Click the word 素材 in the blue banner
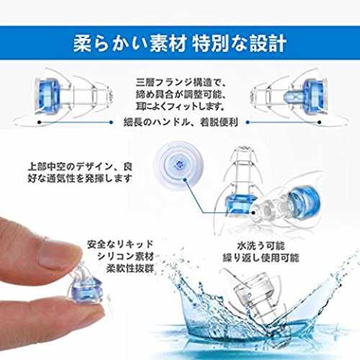tap(168, 43)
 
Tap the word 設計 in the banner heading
tap(268, 43)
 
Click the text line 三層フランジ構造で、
tap(181, 82)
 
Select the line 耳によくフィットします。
tap(181, 107)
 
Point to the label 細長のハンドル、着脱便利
tap(181, 122)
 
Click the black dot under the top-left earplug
tap(40, 122)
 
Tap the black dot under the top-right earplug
tap(320, 122)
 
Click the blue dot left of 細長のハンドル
tap(111, 122)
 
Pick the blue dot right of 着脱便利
tap(248, 122)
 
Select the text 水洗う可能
tap(261, 246)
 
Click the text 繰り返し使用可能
tap(261, 258)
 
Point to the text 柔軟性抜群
tap(130, 269)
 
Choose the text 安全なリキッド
tap(120, 244)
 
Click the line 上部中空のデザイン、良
tap(80, 166)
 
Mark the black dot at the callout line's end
tap(253, 212)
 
